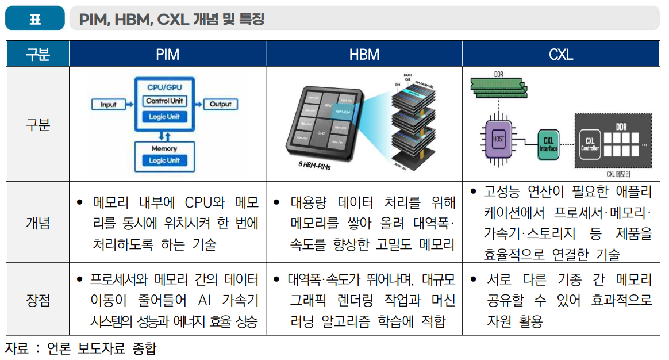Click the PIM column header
pyautogui.click(x=167, y=55)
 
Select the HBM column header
pyautogui.click(x=364, y=55)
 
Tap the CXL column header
pyautogui.click(x=560, y=55)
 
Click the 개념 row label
pyautogui.click(x=38, y=223)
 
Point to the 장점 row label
pyautogui.click(x=38, y=300)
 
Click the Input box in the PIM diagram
pyautogui.click(x=109, y=105)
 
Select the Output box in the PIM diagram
pyautogui.click(x=220, y=104)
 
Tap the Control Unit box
pyautogui.click(x=165, y=101)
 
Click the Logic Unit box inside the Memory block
pyautogui.click(x=164, y=160)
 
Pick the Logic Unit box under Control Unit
pyautogui.click(x=165, y=117)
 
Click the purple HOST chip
pyautogui.click(x=498, y=139)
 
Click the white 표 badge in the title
pyautogui.click(x=35, y=20)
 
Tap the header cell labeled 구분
pyautogui.click(x=38, y=55)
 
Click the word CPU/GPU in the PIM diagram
pyautogui.click(x=164, y=87)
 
